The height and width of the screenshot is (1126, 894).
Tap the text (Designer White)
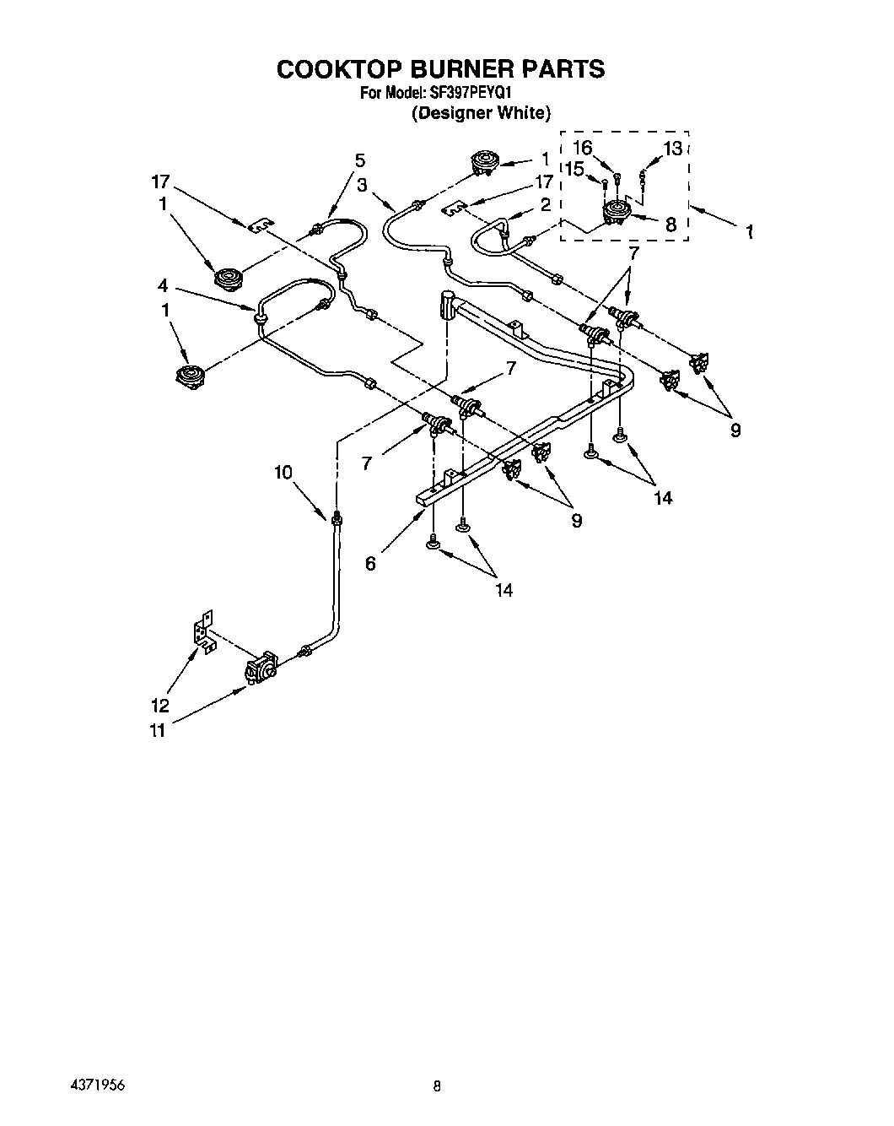[x=481, y=112]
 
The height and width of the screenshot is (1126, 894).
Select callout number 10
[x=283, y=473]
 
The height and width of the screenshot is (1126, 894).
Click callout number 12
[x=159, y=706]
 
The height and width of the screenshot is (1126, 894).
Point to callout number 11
[x=157, y=731]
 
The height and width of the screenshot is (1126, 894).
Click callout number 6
[x=370, y=563]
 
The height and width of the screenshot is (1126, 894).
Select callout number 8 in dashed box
[x=670, y=225]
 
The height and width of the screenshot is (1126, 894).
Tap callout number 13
[x=672, y=149]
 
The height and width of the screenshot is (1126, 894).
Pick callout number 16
[x=582, y=148]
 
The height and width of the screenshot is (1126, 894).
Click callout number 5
[x=360, y=160]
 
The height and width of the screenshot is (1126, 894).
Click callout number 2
[x=545, y=203]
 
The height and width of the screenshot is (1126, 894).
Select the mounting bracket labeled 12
[x=202, y=631]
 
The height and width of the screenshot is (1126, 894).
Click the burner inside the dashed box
[x=616, y=214]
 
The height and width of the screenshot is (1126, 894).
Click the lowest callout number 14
[x=504, y=590]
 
